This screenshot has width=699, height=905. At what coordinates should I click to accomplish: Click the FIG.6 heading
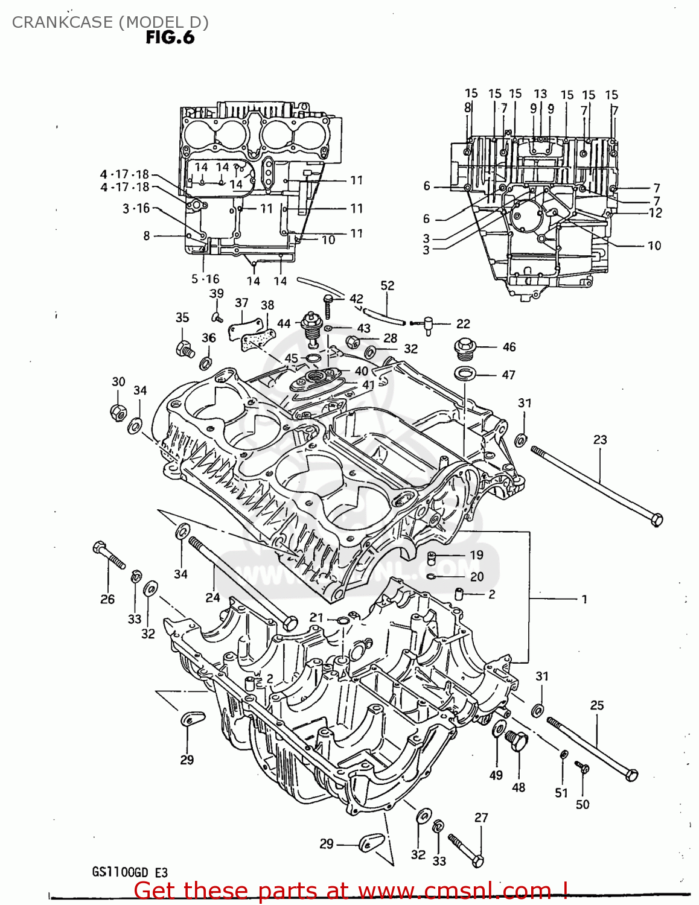click(170, 37)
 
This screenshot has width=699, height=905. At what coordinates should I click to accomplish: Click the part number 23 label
click(599, 440)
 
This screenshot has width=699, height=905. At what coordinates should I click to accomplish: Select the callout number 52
click(388, 285)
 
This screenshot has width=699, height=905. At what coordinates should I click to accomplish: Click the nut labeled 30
click(118, 412)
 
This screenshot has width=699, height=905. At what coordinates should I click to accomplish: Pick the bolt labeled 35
click(184, 348)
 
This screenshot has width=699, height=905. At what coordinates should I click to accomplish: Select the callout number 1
click(584, 599)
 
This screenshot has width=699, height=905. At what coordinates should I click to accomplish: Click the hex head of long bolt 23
click(657, 519)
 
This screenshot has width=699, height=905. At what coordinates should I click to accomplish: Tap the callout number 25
click(596, 705)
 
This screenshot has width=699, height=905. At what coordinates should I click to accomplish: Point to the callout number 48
click(519, 787)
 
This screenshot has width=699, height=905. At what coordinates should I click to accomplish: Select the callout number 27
click(480, 818)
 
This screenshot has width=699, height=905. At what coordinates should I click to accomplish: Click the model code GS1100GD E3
click(130, 872)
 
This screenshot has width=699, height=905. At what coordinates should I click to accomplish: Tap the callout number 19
click(476, 555)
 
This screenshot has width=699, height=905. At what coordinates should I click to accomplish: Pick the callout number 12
click(655, 213)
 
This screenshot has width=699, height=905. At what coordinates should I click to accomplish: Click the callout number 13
click(540, 94)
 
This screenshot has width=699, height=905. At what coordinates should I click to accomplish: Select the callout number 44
click(284, 324)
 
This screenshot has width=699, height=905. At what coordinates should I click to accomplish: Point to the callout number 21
click(316, 617)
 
